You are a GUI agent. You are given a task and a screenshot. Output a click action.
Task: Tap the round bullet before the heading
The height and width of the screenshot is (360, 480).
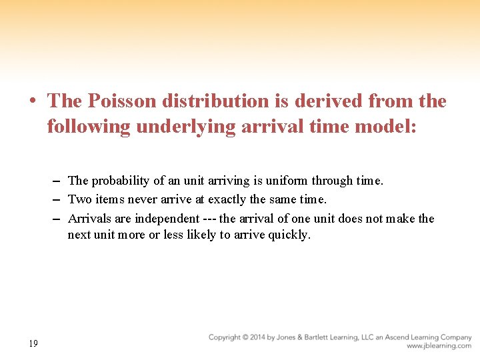pyautogui.click(x=33, y=101)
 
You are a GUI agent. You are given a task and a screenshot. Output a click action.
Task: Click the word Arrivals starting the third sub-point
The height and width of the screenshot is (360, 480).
pyautogui.click(x=90, y=219)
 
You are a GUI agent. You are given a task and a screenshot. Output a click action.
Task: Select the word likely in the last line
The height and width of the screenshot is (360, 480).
pyautogui.click(x=215, y=235)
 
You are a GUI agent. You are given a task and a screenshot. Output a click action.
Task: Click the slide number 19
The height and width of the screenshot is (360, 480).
pyautogui.click(x=33, y=343)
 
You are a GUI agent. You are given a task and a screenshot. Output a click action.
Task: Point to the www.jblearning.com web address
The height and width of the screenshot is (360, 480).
pyautogui.click(x=439, y=346)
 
